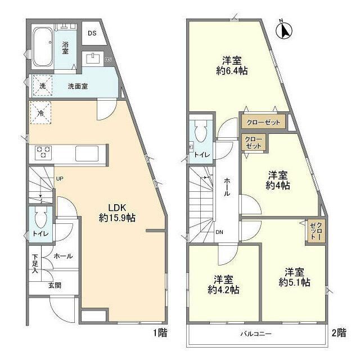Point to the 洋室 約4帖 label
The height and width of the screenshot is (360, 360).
point(278,179)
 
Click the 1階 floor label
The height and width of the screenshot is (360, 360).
point(159,332)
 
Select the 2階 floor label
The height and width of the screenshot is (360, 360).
point(339,332)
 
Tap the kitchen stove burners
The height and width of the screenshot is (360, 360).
point(44,152)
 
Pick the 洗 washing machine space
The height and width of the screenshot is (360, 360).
point(42,86)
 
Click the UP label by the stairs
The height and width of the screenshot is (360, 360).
point(58,179)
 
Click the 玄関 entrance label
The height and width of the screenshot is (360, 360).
point(55,285)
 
